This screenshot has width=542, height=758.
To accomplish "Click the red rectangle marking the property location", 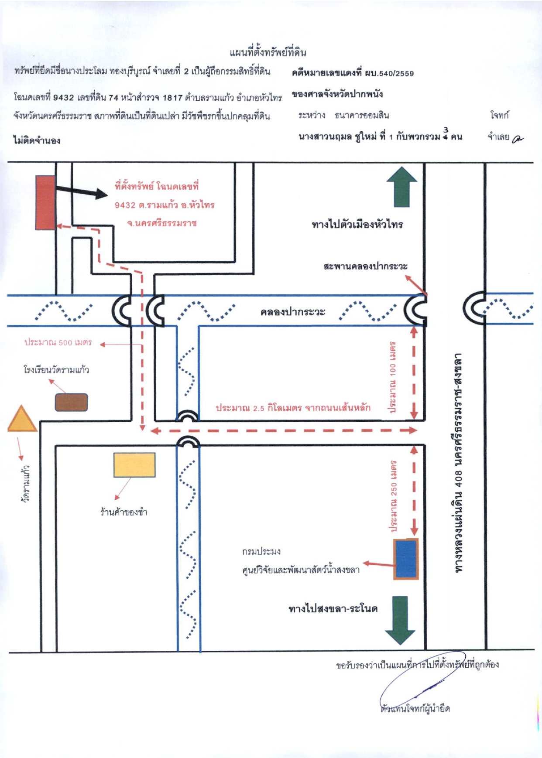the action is click(x=45, y=202).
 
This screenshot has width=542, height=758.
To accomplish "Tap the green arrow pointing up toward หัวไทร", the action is click(x=402, y=187).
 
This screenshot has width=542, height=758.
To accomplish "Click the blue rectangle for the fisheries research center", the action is click(x=406, y=559).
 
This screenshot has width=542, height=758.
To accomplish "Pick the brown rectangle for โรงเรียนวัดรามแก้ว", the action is click(x=71, y=402).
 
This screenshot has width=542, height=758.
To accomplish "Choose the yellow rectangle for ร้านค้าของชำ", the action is click(x=134, y=465).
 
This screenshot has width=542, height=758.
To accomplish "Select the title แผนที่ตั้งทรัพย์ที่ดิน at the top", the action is click(x=268, y=53).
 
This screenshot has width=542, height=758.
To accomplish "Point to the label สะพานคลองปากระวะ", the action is click(x=366, y=266).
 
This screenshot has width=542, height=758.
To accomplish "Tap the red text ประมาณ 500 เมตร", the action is click(x=58, y=342).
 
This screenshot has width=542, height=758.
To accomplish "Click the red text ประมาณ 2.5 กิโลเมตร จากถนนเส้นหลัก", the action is click(x=293, y=408).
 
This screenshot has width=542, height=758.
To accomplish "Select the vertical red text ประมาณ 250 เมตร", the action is click(x=394, y=496).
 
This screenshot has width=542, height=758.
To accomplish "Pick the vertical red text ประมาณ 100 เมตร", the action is click(x=393, y=377).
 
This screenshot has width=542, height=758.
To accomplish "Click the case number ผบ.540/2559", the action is click(x=389, y=73).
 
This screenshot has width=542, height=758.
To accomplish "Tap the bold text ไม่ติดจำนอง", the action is click(x=37, y=140).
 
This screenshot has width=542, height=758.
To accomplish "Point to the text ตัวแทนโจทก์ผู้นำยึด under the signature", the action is click(x=415, y=708).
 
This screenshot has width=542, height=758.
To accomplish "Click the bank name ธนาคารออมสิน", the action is click(x=362, y=116).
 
